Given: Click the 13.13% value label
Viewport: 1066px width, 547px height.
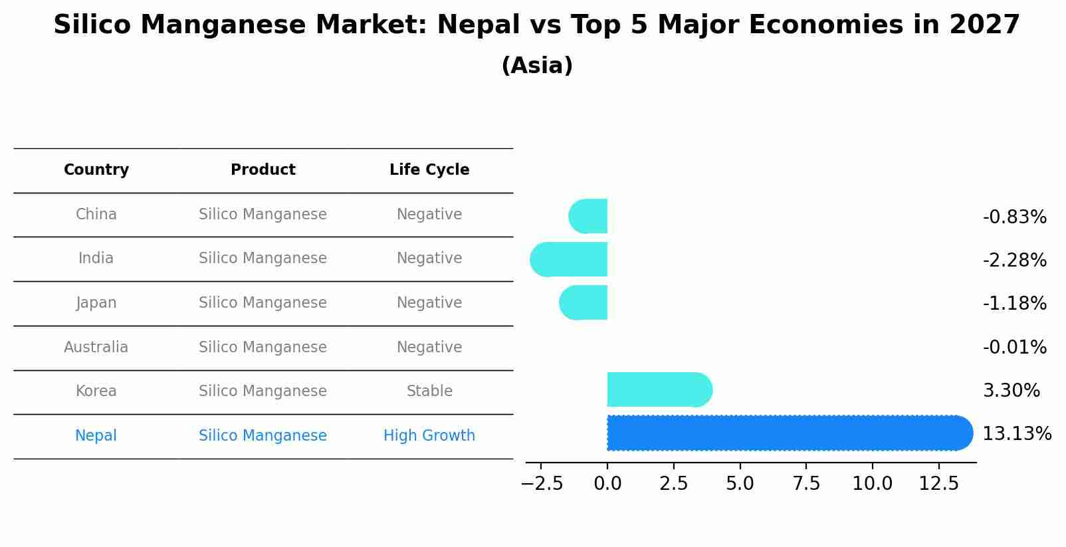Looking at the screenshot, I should (1016, 434).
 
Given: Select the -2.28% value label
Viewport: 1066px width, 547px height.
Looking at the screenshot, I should (1014, 260).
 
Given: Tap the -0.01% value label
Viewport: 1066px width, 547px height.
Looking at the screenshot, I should (1014, 347).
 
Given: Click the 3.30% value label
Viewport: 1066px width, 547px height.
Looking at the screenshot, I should (1011, 390).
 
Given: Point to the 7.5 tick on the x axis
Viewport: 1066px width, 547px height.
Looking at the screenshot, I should (806, 483).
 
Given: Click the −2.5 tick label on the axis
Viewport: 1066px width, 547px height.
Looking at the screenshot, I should (542, 483).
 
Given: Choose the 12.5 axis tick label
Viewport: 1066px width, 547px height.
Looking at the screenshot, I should (938, 483).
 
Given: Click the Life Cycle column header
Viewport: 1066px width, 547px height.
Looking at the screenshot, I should (429, 170).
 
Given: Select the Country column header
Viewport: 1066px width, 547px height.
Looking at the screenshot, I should (96, 170).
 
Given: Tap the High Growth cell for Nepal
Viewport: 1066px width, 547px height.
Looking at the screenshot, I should (429, 435).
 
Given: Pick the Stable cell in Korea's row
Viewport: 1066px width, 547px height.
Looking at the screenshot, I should (429, 391).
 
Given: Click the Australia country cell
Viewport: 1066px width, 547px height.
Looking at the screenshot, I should (96, 347).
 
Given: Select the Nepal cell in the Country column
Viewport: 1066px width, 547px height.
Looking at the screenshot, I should (96, 435).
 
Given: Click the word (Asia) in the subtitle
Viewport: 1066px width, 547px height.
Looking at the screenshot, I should (537, 66).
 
